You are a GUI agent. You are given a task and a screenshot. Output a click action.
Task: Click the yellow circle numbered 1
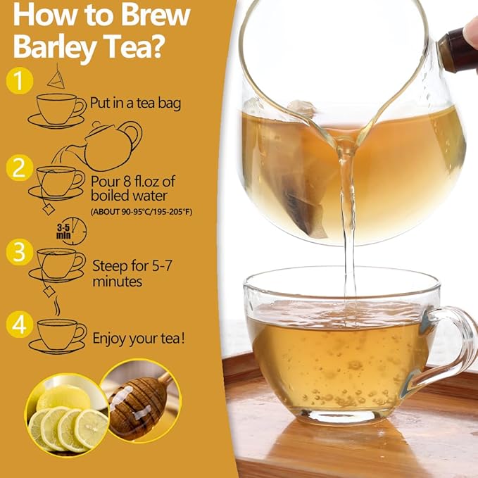coord(20,81)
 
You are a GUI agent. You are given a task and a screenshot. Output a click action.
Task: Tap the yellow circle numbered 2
coord(20,168)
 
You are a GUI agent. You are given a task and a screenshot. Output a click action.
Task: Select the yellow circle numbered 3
coord(20,251)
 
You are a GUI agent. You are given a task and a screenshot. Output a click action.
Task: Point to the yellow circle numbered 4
coord(20,325)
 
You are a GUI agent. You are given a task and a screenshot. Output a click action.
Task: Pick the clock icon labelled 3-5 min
coord(72,230)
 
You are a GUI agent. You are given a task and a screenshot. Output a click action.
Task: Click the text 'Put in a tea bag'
coord(135,103)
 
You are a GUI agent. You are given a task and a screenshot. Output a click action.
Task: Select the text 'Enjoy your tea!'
coord(139,339)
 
